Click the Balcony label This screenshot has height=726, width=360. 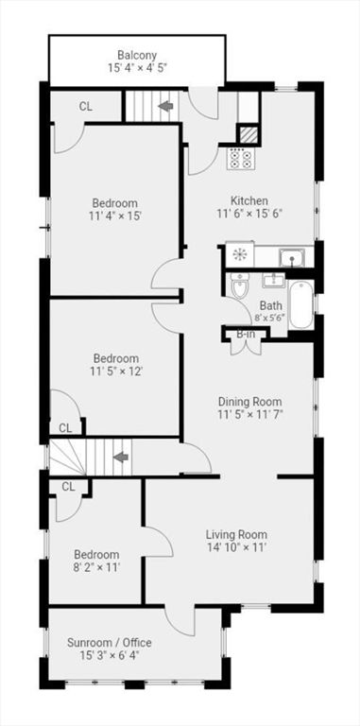136,55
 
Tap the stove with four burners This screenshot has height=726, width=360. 241,159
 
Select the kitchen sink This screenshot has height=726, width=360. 292,257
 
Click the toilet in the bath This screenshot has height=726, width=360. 240,285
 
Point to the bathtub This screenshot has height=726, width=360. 300,304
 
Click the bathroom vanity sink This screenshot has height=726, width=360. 274,281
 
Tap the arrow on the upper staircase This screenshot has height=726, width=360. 165,106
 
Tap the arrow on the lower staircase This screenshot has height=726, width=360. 121,458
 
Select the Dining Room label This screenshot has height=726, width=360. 249,402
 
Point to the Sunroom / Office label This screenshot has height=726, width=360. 110,643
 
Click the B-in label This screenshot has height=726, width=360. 246,334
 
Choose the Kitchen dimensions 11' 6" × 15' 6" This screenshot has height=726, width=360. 249,214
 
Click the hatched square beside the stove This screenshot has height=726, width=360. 249,134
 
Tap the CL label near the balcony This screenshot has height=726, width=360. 86,107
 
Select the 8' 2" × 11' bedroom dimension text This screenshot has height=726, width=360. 97,567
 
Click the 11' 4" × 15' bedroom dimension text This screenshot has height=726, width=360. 114,216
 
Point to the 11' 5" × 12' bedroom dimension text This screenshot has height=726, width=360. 115,371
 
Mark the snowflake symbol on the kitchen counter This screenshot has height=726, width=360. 240,254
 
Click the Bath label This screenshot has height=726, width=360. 270,305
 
